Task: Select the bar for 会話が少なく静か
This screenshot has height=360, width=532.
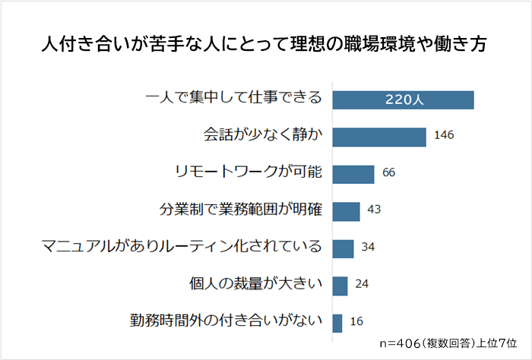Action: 379,137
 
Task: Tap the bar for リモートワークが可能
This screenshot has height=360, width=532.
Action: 353,174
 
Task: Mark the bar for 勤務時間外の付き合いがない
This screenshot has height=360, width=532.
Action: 337,322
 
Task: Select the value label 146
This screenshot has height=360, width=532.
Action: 445,137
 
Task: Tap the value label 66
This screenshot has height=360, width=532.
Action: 389,174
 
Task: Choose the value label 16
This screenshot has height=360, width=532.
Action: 356,322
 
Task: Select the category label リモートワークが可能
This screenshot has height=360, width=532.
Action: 249,174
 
